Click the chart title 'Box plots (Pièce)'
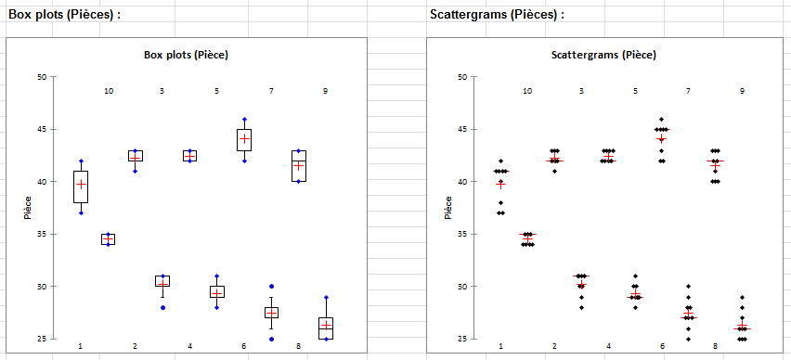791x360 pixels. (x=187, y=55)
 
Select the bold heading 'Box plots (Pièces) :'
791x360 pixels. (x=65, y=15)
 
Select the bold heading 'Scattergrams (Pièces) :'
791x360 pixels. (x=497, y=15)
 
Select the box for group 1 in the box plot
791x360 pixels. (x=81, y=186)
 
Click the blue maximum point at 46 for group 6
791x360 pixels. (x=244, y=120)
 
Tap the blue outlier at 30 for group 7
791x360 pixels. (x=271, y=287)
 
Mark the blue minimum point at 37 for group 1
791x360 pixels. (x=81, y=212)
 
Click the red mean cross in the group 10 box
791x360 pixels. (x=108, y=239)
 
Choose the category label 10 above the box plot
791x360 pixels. (x=109, y=91)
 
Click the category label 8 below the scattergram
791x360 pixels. (x=715, y=346)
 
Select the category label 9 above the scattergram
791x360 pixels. (x=742, y=91)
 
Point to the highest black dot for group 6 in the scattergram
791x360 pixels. (x=662, y=120)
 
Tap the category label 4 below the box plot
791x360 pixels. (x=190, y=346)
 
